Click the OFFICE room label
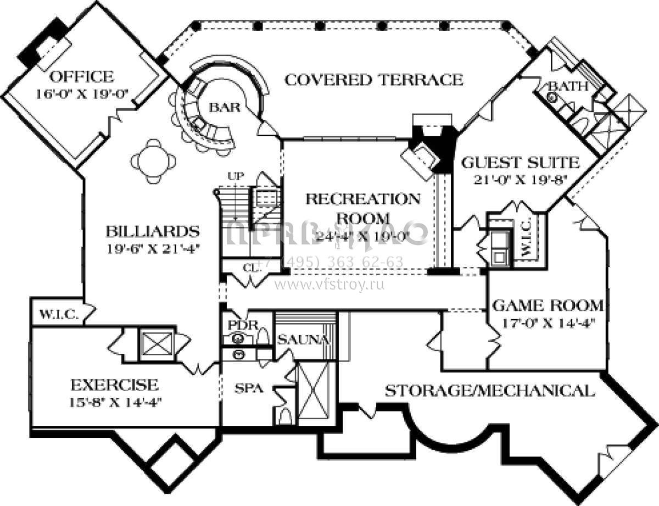[x=81, y=76]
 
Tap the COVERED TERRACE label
[x=374, y=80]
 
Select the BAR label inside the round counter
[x=225, y=107]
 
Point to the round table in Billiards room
[x=154, y=161]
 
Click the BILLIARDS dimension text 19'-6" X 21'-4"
[x=152, y=248]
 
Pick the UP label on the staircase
[x=235, y=176]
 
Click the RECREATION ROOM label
[x=363, y=208]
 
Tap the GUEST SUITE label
[x=520, y=163]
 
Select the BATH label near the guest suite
[x=568, y=86]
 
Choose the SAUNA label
[x=304, y=340]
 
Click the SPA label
[x=249, y=388]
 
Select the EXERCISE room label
[x=114, y=384]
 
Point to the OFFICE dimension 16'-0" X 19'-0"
[x=82, y=93]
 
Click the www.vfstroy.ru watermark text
[x=329, y=285]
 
